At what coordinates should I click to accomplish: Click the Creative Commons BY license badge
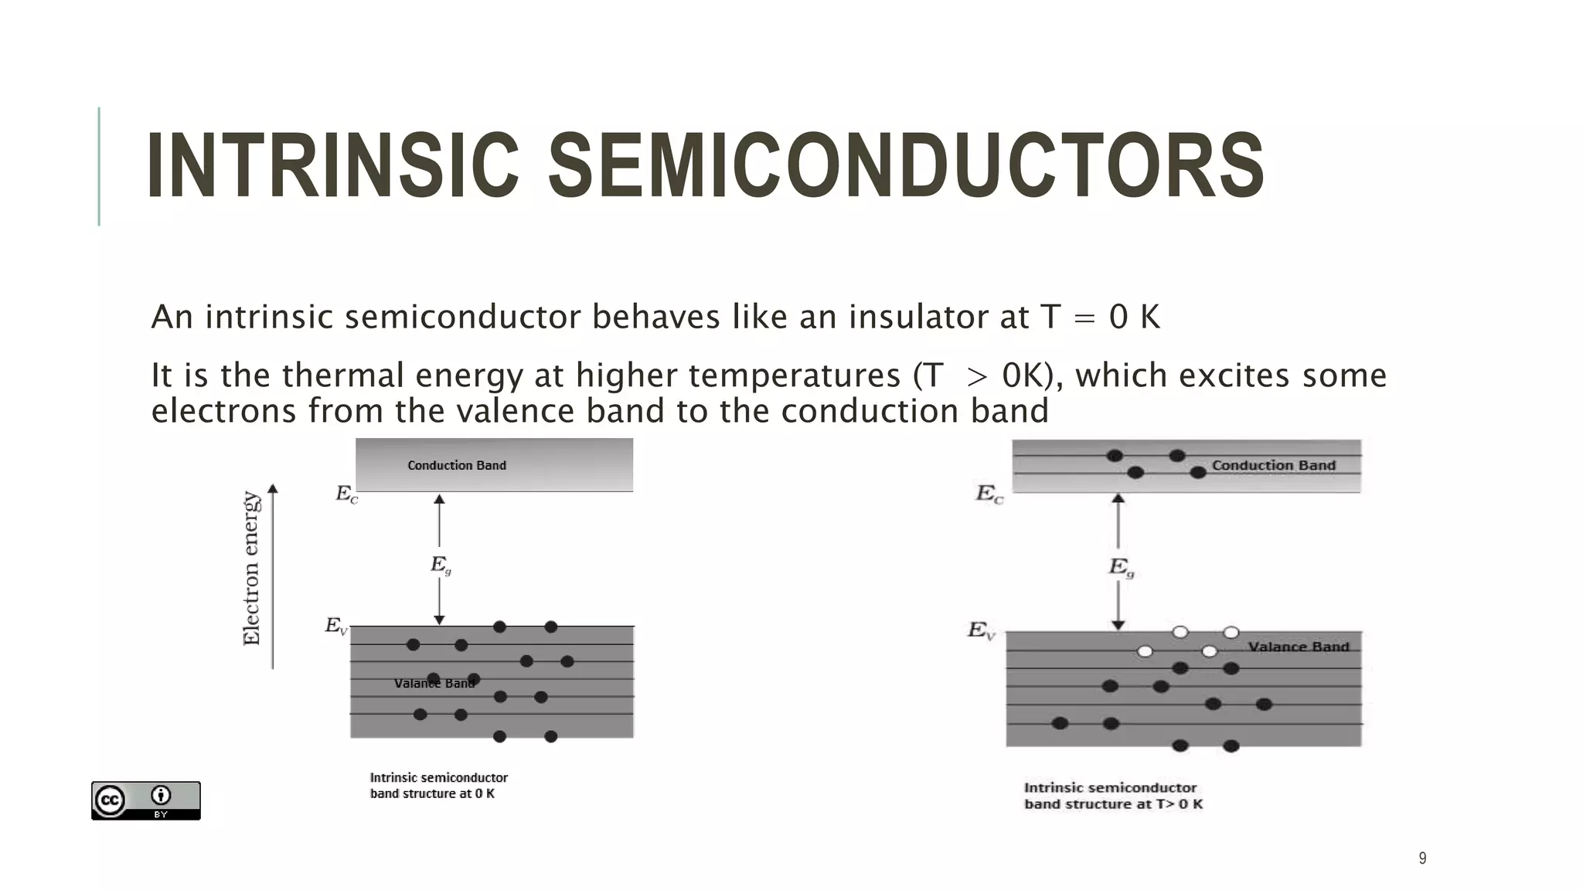pyautogui.click(x=145, y=800)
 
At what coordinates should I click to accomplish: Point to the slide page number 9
pyautogui.click(x=1422, y=858)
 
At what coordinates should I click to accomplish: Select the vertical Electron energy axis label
pyautogui.click(x=252, y=568)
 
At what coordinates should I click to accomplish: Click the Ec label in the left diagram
pyautogui.click(x=346, y=494)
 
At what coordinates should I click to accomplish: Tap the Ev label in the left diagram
pyautogui.click(x=336, y=626)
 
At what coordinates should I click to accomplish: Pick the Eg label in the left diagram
pyautogui.click(x=441, y=566)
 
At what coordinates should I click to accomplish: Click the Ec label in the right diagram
pyautogui.click(x=989, y=494)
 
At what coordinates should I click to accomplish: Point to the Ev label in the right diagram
pyautogui.click(x=981, y=631)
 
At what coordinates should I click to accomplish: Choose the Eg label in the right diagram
pyautogui.click(x=1121, y=568)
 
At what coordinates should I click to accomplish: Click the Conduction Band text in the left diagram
pyautogui.click(x=457, y=465)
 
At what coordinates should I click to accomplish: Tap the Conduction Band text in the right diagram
pyautogui.click(x=1273, y=465)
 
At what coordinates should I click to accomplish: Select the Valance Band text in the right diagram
pyautogui.click(x=1298, y=647)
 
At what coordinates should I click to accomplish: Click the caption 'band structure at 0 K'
pyautogui.click(x=432, y=793)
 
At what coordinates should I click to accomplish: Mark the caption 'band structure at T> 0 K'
pyautogui.click(x=1113, y=803)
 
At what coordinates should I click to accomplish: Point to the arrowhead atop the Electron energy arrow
pyautogui.click(x=272, y=488)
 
